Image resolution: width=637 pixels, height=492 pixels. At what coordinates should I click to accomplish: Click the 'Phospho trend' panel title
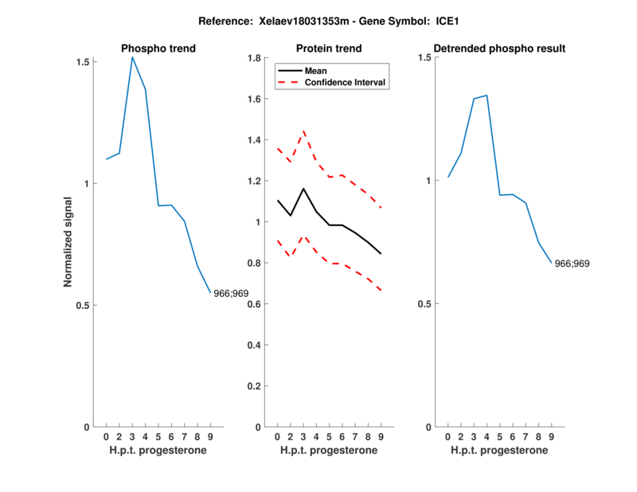tap(158, 49)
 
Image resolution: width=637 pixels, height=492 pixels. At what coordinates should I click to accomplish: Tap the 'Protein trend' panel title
tap(329, 49)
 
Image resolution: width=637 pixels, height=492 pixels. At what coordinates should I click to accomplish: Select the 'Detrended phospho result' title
tap(499, 49)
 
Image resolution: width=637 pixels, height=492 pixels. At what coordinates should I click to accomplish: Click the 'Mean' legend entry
tap(316, 71)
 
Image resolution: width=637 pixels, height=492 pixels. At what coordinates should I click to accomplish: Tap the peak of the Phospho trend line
tap(132, 57)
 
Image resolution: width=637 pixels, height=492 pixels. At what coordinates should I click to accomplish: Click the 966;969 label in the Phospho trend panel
tap(231, 293)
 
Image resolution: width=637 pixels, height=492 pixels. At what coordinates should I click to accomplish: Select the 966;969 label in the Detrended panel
tap(572, 264)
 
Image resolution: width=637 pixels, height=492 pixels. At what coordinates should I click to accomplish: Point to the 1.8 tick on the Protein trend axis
tap(256, 58)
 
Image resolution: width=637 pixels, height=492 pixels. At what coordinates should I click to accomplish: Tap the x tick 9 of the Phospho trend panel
tap(210, 436)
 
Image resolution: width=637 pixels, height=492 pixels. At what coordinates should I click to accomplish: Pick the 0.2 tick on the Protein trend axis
tap(256, 386)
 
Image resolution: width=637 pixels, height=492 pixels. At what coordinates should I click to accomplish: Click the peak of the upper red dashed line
tap(303, 131)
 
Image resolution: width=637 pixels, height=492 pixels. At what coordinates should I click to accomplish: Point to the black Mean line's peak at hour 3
tap(303, 189)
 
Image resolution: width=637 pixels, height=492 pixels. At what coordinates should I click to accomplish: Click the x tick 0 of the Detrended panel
tap(448, 436)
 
